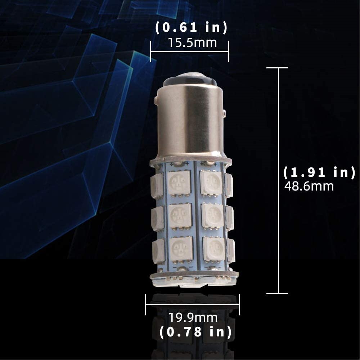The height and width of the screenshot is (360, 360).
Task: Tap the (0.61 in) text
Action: pos(191,28)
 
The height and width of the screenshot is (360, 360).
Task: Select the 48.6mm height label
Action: pos(309,186)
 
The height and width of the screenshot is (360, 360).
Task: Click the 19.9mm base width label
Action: pos(193,318)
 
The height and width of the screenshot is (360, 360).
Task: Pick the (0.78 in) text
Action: pos(195,332)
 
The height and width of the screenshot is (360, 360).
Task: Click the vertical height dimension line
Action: pos(278,180)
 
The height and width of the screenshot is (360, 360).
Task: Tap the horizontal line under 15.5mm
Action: pos(190,52)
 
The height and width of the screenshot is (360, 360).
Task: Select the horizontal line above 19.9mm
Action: pos(192,305)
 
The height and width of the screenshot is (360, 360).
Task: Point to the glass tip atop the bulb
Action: pos(190,80)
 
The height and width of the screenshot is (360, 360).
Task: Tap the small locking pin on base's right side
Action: pos(225,113)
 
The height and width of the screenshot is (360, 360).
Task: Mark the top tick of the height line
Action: pos(277,68)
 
